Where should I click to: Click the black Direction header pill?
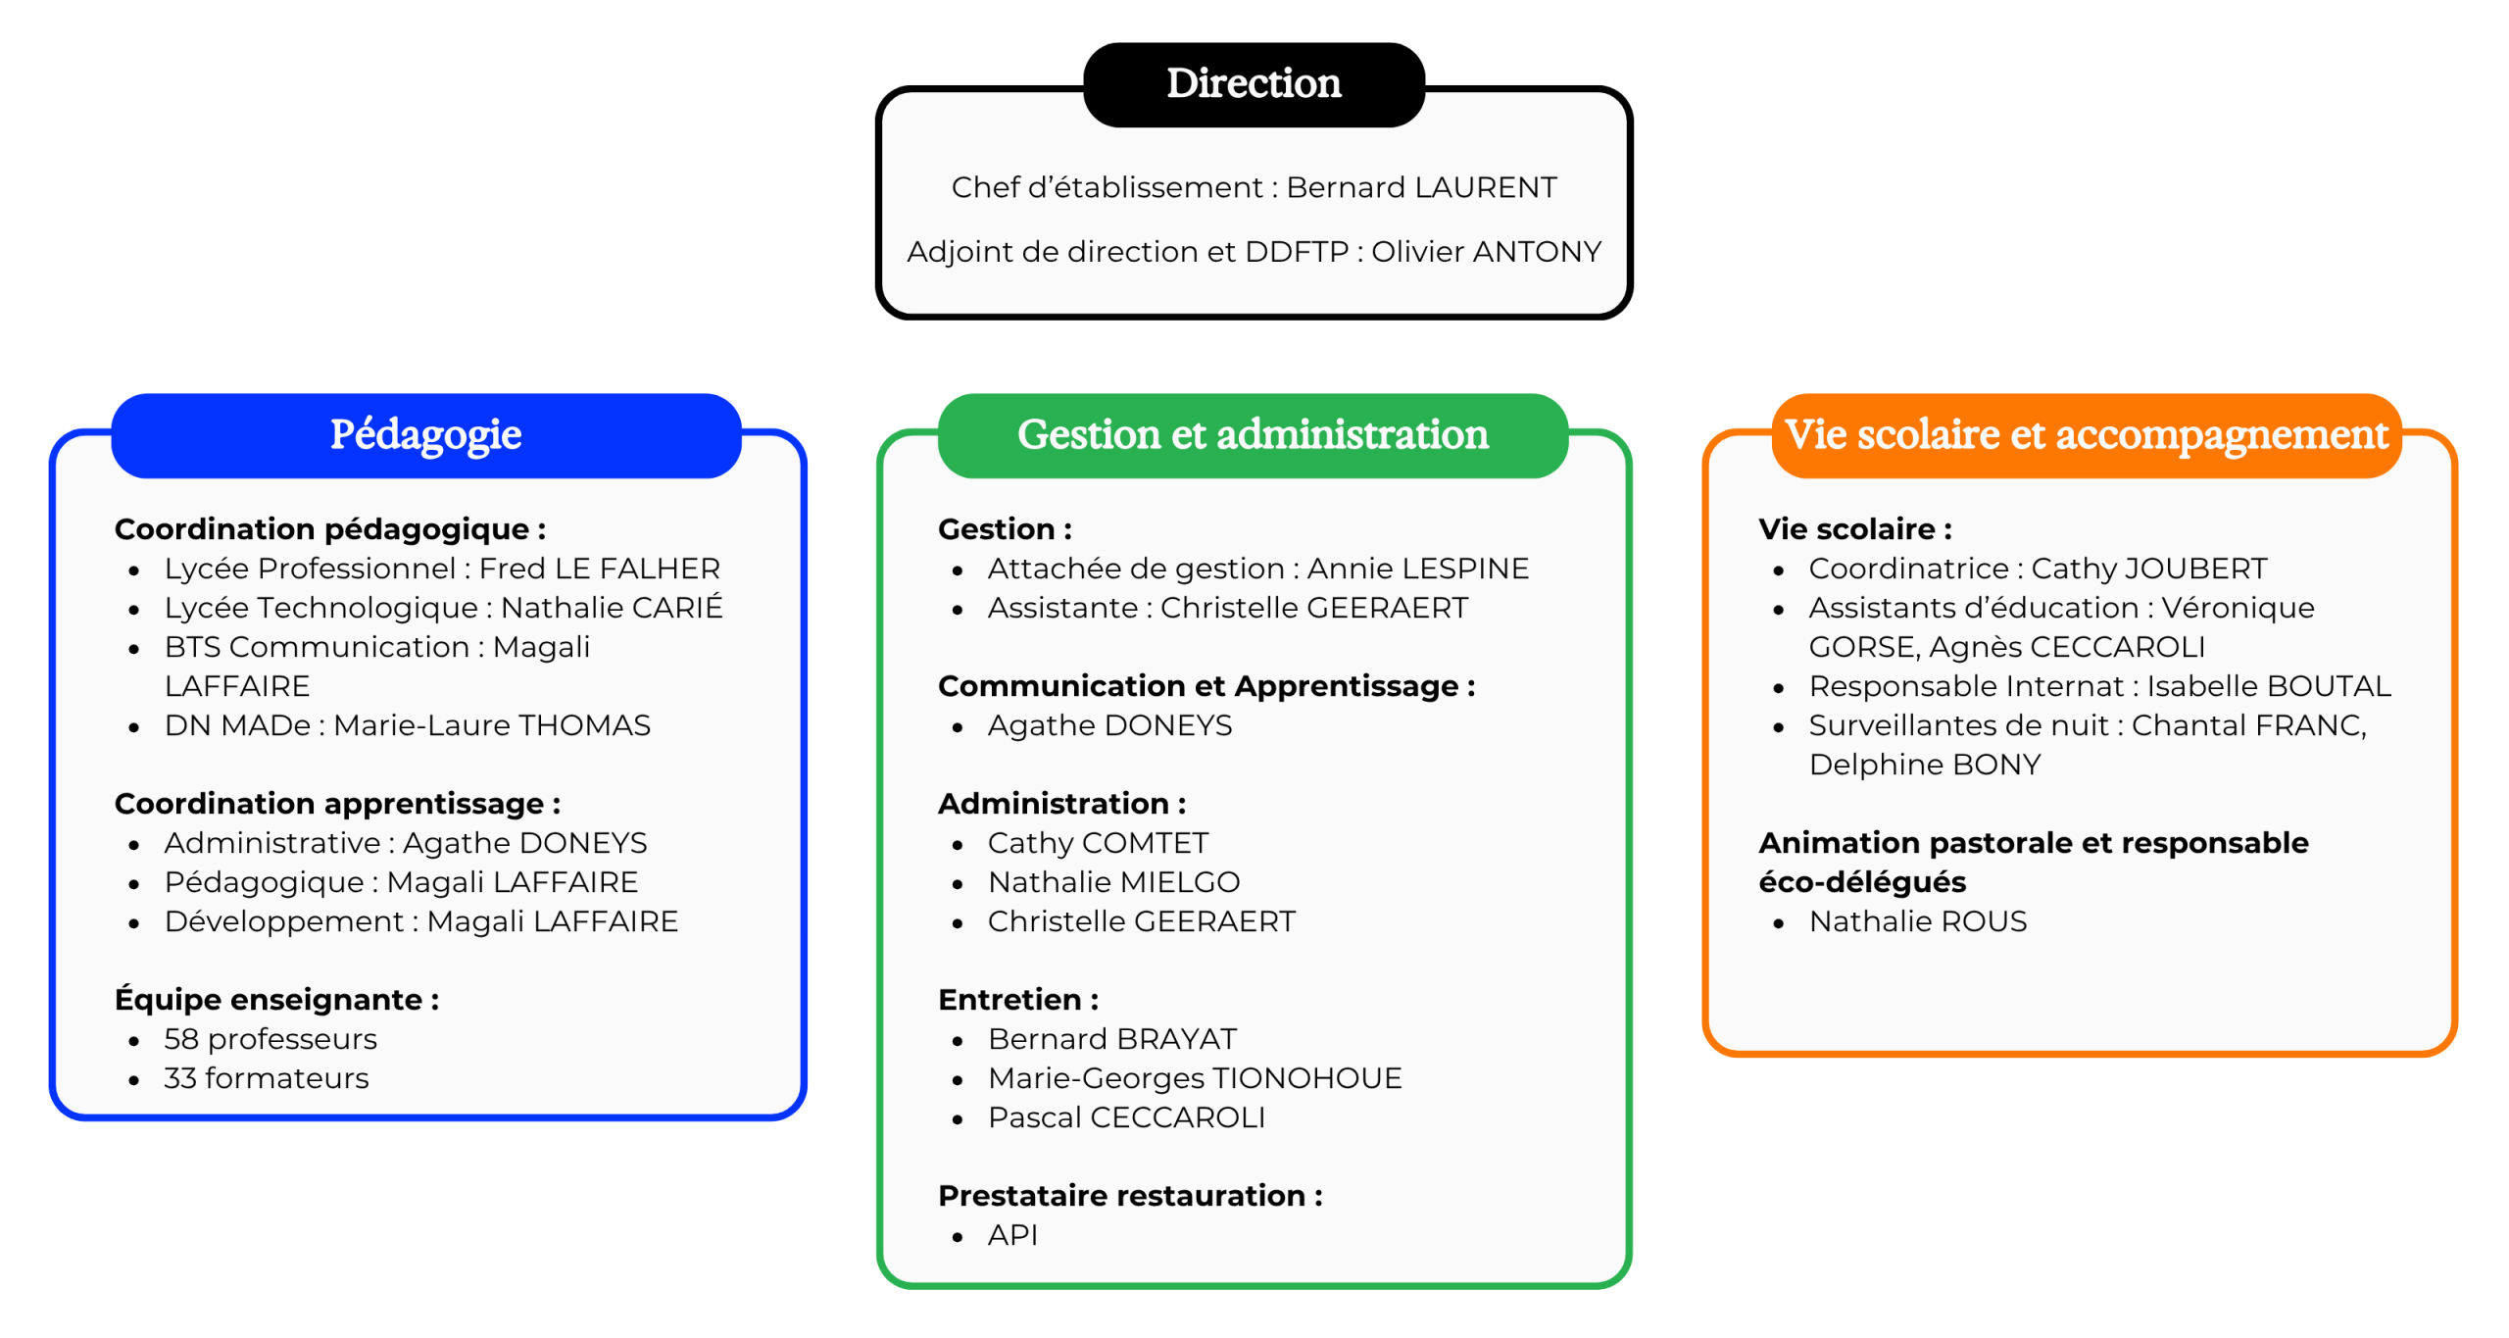tap(1254, 84)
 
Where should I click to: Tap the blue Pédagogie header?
tap(426, 435)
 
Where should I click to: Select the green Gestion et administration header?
tap(1253, 435)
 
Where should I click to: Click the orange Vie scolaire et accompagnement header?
tap(2087, 435)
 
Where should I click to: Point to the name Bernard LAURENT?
tap(1421, 187)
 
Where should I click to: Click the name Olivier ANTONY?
tap(1486, 252)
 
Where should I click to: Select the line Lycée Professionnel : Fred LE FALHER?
tap(442, 569)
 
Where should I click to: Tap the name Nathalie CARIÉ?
tap(612, 607)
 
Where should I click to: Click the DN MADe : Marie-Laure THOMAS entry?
tap(408, 725)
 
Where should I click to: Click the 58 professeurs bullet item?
tap(271, 1039)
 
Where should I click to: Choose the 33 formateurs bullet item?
tap(267, 1078)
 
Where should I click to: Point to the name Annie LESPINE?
tap(1418, 569)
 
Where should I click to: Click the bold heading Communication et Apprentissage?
tap(1206, 686)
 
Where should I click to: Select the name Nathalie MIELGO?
tap(1114, 882)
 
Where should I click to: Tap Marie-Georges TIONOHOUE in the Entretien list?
tap(1195, 1078)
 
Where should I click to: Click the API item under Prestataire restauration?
tap(1012, 1235)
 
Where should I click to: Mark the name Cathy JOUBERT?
tap(2149, 569)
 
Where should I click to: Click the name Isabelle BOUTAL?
tap(2269, 686)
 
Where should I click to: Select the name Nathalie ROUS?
tap(1918, 921)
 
